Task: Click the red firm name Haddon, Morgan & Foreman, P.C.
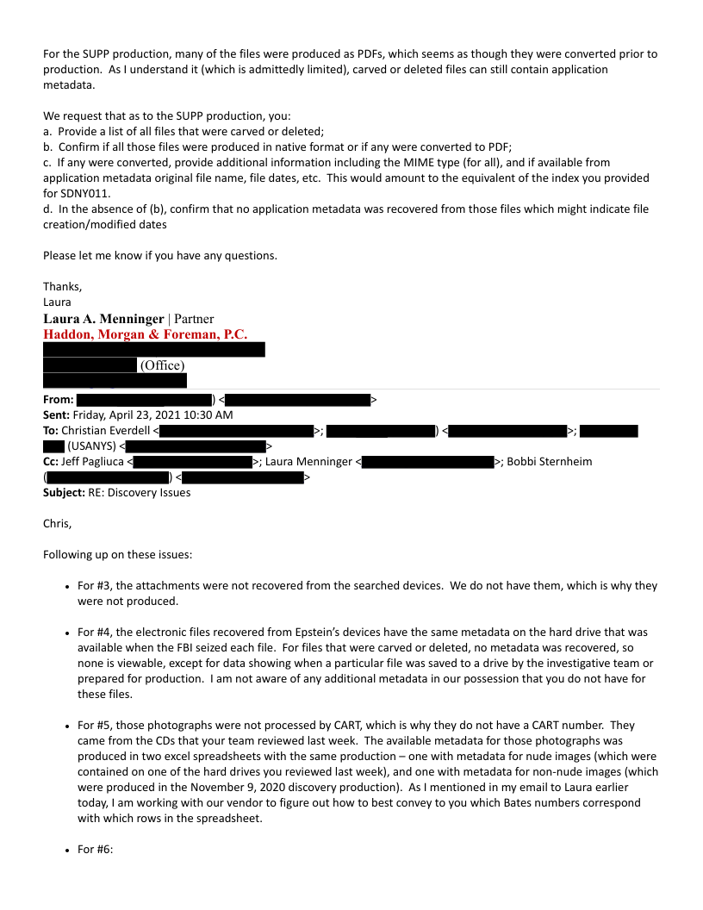point(145,334)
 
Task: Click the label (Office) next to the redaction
point(162,365)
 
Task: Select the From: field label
point(58,400)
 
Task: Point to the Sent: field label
point(57,415)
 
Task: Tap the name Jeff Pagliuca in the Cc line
point(92,462)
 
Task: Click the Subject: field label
point(64,493)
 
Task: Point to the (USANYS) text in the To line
point(91,446)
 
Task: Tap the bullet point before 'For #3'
point(67,586)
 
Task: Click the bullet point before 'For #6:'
point(67,850)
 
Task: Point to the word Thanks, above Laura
point(62,287)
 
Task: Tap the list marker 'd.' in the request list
point(48,209)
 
